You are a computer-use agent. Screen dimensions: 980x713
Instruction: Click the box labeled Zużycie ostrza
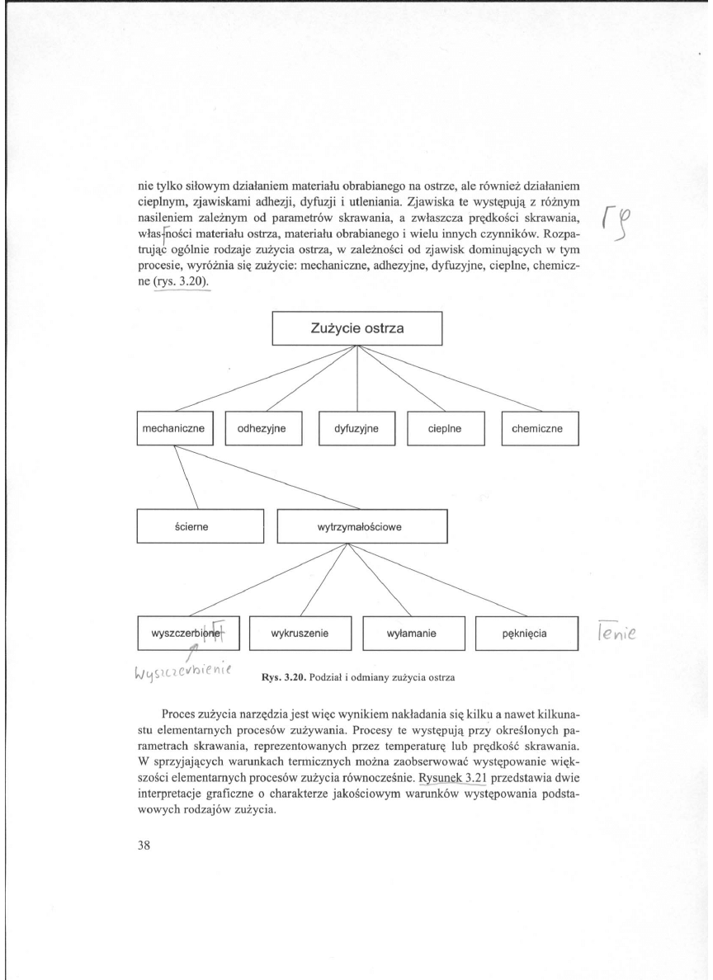(357, 327)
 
